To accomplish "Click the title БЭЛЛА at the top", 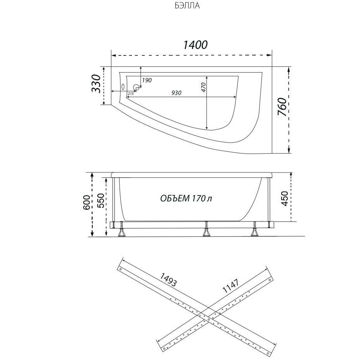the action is coord(187,6).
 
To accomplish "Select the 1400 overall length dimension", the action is coord(195,45).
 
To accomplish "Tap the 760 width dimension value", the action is coord(282,107).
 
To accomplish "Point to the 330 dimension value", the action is coord(96,83).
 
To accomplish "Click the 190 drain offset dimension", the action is coord(147,80).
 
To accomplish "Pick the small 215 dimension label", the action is coord(131,93).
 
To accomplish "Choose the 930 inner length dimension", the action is coord(176,93).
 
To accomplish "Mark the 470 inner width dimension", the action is coord(204,87).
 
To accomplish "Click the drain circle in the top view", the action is coord(136,87).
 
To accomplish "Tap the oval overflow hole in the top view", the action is coord(123,87).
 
